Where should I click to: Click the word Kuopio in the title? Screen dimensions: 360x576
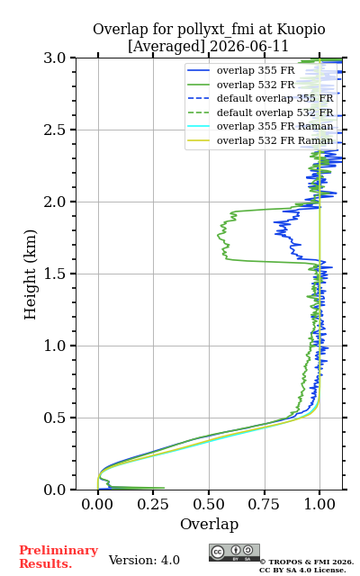click(x=301, y=30)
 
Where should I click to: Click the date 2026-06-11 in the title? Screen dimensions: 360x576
click(x=249, y=46)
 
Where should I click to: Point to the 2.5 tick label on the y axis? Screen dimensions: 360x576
click(x=55, y=130)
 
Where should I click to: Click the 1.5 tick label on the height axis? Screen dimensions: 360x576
click(x=55, y=274)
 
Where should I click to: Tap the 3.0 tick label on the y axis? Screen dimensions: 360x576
click(x=55, y=58)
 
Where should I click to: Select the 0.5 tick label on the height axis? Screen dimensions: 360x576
click(x=55, y=418)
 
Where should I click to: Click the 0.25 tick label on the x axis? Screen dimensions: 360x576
click(x=153, y=504)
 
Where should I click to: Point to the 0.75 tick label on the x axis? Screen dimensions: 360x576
click(x=264, y=504)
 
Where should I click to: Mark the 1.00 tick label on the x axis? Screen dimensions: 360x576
click(x=319, y=504)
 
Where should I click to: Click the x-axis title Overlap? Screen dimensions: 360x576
click(x=209, y=524)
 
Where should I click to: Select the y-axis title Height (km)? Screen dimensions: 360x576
click(x=30, y=274)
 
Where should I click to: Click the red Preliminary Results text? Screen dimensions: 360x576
click(x=58, y=557)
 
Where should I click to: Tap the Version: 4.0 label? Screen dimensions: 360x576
click(x=144, y=560)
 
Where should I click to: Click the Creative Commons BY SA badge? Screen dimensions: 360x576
click(x=234, y=553)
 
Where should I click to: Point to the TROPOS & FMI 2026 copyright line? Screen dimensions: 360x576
click(x=306, y=562)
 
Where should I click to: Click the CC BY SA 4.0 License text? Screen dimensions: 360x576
click(x=302, y=571)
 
